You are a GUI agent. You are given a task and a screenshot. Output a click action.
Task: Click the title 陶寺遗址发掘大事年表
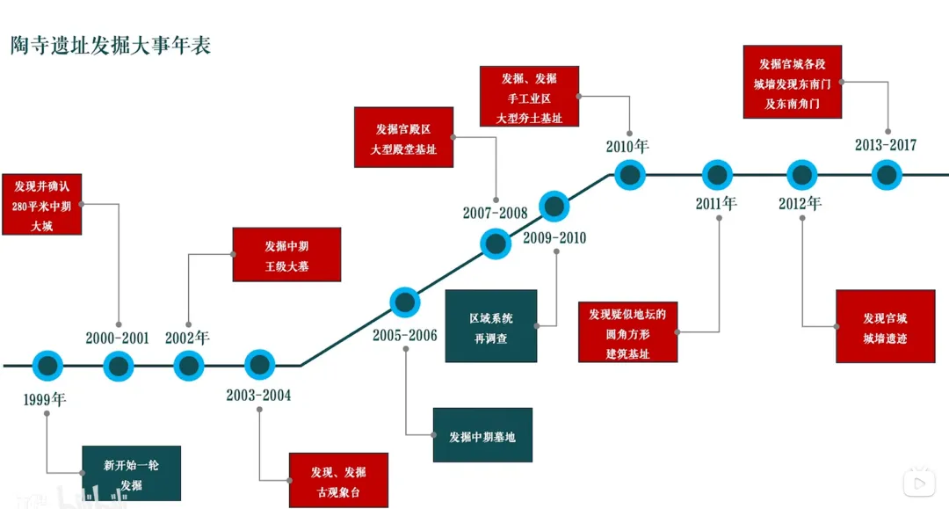[x=111, y=47]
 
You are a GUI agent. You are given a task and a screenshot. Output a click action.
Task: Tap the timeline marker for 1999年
[x=47, y=365]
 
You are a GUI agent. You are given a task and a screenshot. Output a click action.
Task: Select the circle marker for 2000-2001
[x=118, y=365]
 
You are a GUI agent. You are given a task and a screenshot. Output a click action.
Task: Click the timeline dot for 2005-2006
[x=404, y=302]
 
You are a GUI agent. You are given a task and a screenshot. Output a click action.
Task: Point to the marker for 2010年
[x=629, y=174]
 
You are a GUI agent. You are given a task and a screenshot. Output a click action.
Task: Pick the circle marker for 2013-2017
[x=887, y=174]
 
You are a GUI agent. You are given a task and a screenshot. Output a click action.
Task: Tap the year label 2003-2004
[x=258, y=396]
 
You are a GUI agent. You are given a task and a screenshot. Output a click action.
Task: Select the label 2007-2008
[x=495, y=214]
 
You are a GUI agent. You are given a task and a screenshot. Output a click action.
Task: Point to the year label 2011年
[x=716, y=204]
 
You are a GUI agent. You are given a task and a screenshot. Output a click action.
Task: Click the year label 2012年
[x=800, y=204]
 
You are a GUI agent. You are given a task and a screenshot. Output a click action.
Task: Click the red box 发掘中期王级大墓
[x=286, y=255]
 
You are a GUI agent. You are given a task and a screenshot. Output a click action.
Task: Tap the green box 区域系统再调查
[x=491, y=326]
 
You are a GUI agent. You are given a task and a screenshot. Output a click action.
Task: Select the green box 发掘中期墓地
[x=482, y=435]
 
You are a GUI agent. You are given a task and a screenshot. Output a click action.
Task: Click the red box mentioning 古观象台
[x=338, y=481]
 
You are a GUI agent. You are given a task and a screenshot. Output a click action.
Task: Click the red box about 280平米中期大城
[x=42, y=205]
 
